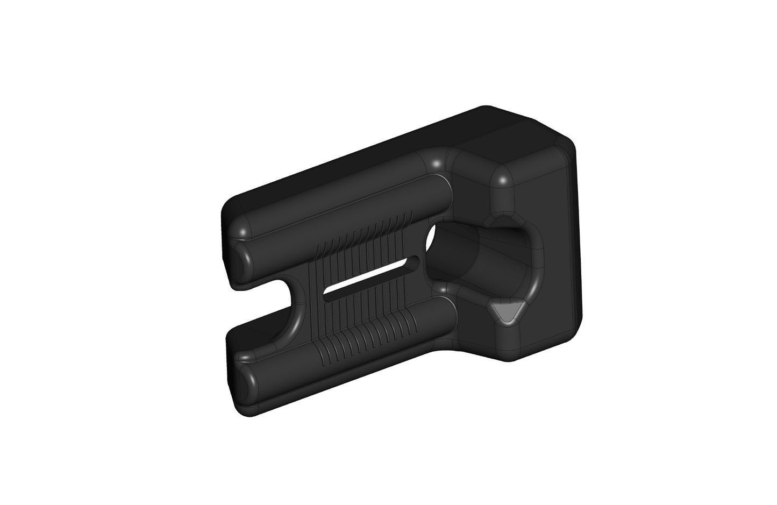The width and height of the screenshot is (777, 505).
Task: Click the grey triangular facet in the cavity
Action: click(506, 312)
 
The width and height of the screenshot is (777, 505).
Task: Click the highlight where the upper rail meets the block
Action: click(437, 162)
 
